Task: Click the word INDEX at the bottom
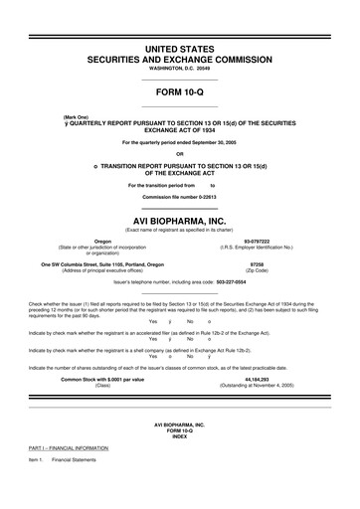[x=179, y=464]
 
